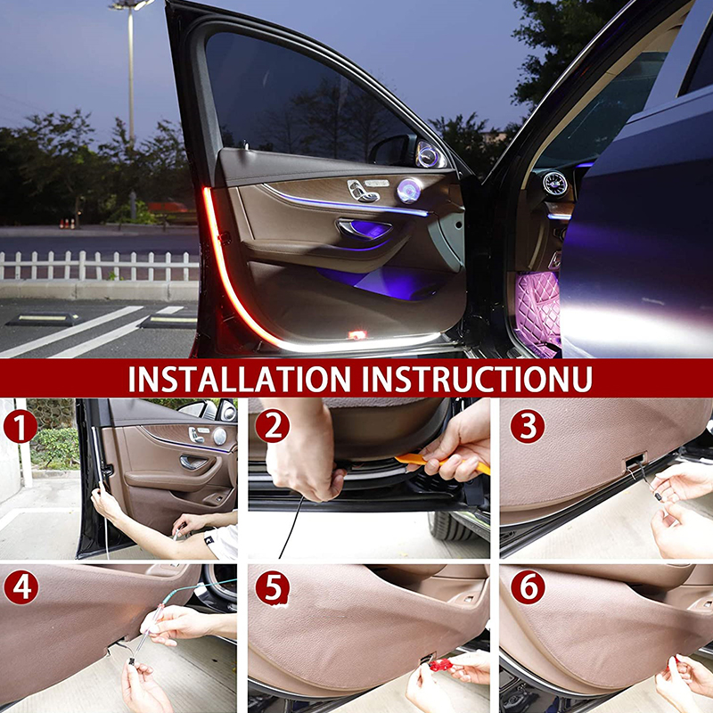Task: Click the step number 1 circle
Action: [x=20, y=426]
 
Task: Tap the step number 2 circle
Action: [x=273, y=426]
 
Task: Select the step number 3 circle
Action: [x=528, y=426]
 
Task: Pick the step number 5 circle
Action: [x=273, y=587]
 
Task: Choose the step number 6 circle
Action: [x=528, y=587]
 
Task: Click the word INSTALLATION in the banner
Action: [x=240, y=378]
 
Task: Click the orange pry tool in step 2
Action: [x=442, y=463]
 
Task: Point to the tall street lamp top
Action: [x=131, y=4]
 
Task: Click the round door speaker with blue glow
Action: [x=409, y=191]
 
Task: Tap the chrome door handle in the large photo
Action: [x=364, y=227]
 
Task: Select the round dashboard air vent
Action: [x=554, y=184]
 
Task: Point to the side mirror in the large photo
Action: [x=391, y=150]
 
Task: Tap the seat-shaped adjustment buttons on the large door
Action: [x=364, y=191]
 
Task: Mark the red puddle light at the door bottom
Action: [x=357, y=335]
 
